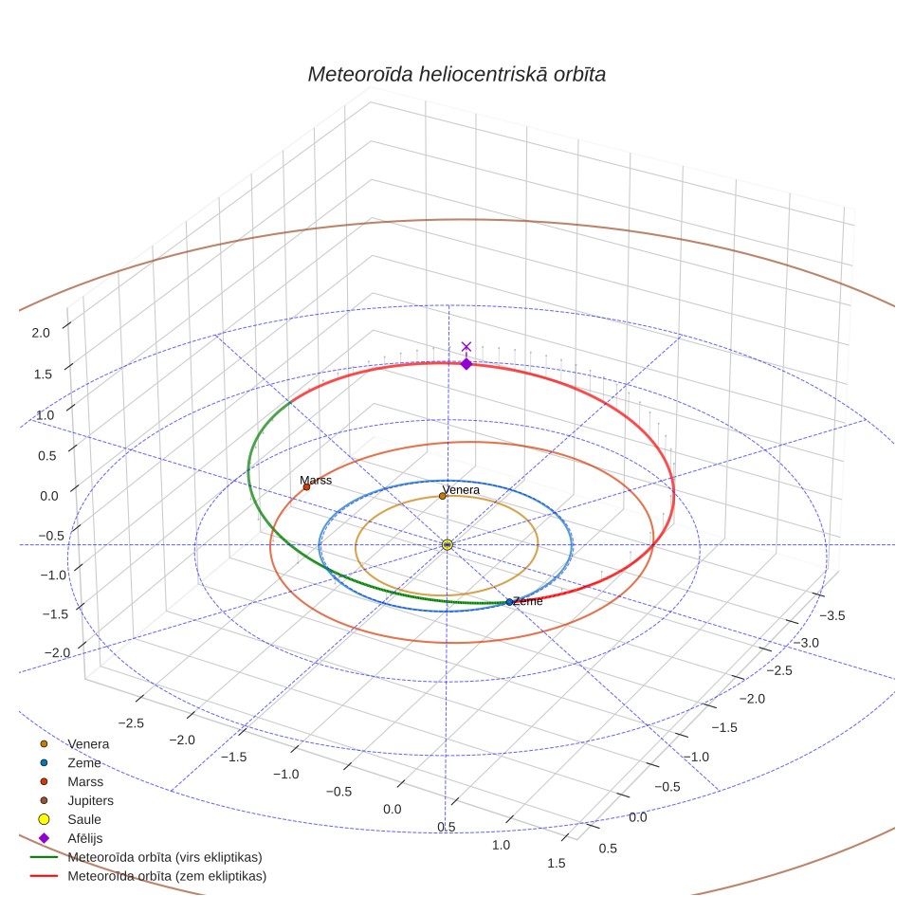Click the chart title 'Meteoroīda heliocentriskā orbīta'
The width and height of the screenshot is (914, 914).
click(x=456, y=75)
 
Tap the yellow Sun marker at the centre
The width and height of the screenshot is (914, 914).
click(x=448, y=544)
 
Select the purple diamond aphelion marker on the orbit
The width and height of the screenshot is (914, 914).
click(x=466, y=364)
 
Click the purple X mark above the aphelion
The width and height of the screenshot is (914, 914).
click(x=466, y=347)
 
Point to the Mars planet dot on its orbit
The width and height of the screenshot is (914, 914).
click(x=306, y=486)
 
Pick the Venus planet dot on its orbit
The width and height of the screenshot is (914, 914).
click(x=443, y=496)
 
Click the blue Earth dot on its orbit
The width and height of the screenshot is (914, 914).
click(x=509, y=602)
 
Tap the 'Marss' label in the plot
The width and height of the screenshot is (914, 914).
click(x=316, y=481)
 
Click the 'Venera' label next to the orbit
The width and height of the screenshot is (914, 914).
click(x=461, y=489)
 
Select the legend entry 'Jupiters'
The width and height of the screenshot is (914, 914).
click(x=90, y=800)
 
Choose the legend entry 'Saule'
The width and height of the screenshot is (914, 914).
click(x=84, y=819)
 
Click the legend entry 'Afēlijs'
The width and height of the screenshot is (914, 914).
click(x=85, y=838)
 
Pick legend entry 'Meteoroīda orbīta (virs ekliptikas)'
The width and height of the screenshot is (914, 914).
click(x=165, y=857)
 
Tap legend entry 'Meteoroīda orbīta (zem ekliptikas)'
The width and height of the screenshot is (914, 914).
click(x=167, y=876)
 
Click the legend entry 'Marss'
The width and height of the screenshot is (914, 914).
click(x=85, y=781)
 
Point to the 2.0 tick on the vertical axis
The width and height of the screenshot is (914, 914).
click(x=41, y=333)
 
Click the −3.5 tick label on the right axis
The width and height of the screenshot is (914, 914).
click(x=832, y=615)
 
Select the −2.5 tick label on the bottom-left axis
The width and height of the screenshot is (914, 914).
click(x=131, y=722)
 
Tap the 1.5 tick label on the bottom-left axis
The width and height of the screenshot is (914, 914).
click(x=557, y=864)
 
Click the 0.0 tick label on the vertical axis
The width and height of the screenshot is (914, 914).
click(x=49, y=496)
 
